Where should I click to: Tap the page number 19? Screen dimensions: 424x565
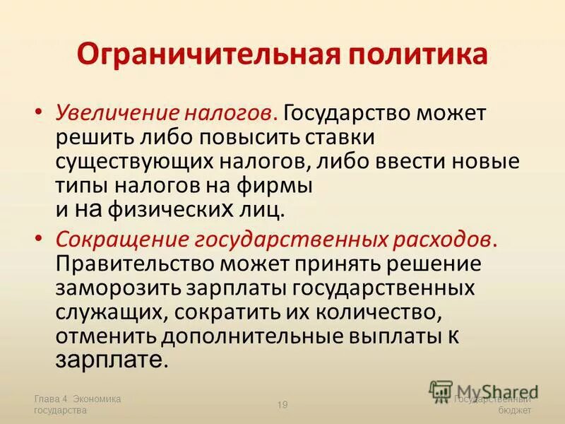(282, 404)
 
